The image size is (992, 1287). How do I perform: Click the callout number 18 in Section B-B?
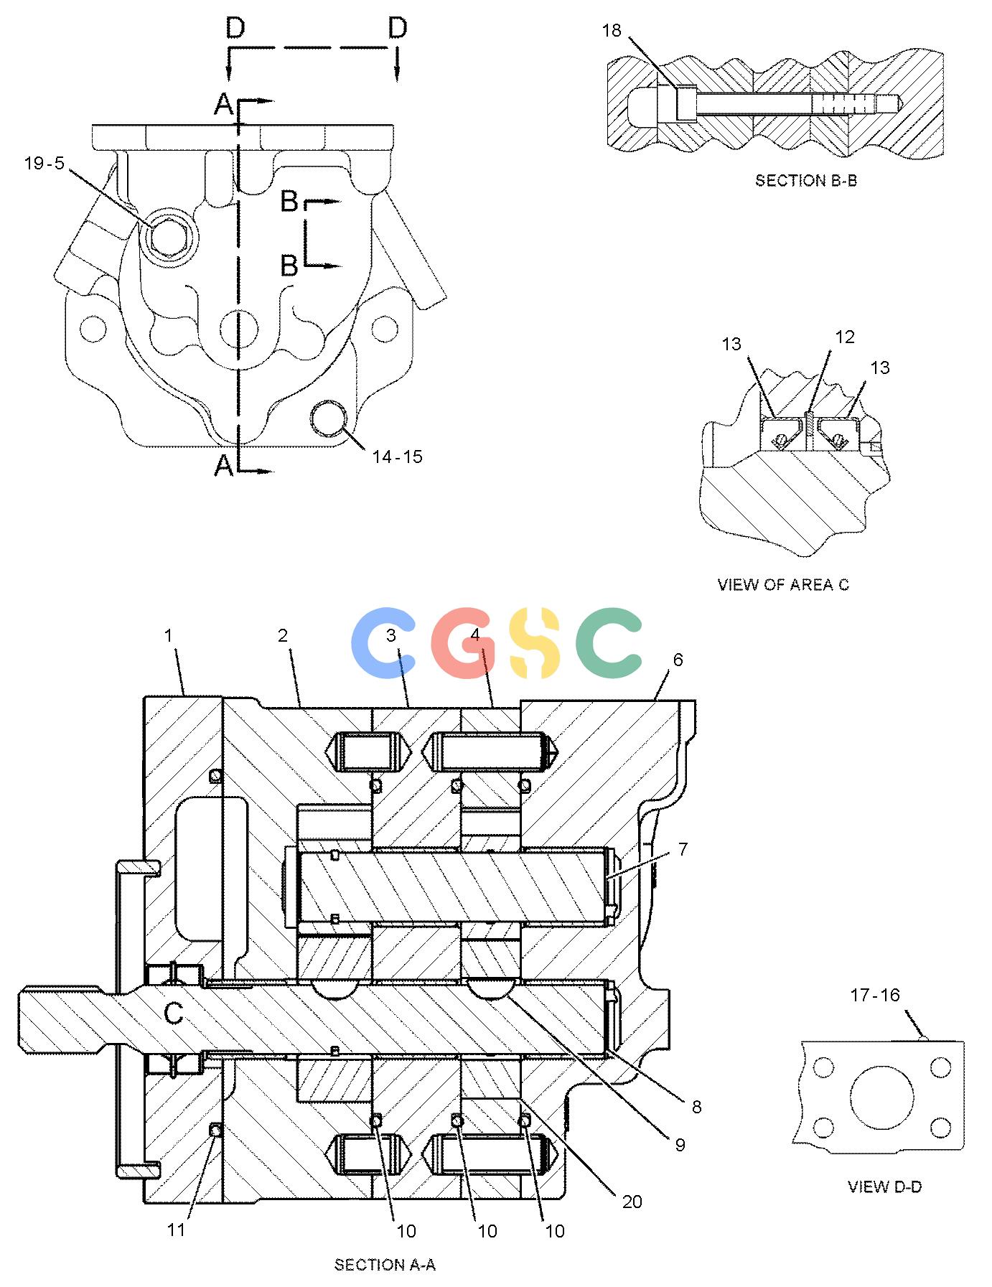(x=612, y=30)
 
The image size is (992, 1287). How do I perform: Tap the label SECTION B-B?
(x=805, y=181)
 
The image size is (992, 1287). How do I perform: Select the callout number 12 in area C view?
(x=845, y=337)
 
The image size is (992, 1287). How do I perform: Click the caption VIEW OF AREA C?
(x=783, y=585)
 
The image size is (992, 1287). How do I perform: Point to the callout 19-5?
(x=45, y=164)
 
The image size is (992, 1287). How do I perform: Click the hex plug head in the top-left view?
(x=167, y=236)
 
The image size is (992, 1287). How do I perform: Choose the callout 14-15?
(x=397, y=457)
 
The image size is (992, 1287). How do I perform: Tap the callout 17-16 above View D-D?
(x=875, y=996)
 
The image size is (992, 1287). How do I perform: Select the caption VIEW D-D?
(x=884, y=1187)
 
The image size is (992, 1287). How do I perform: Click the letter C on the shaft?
(x=174, y=1013)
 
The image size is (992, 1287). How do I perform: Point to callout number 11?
(x=177, y=1230)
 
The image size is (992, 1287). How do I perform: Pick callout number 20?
(x=632, y=1202)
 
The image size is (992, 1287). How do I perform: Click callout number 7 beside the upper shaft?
(x=683, y=850)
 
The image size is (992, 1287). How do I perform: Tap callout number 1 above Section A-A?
(x=169, y=636)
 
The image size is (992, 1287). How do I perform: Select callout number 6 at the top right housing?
(x=678, y=660)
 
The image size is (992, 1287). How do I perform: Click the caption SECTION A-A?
(x=385, y=1265)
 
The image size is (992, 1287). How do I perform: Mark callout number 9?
(x=680, y=1146)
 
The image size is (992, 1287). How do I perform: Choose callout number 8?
(x=696, y=1107)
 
